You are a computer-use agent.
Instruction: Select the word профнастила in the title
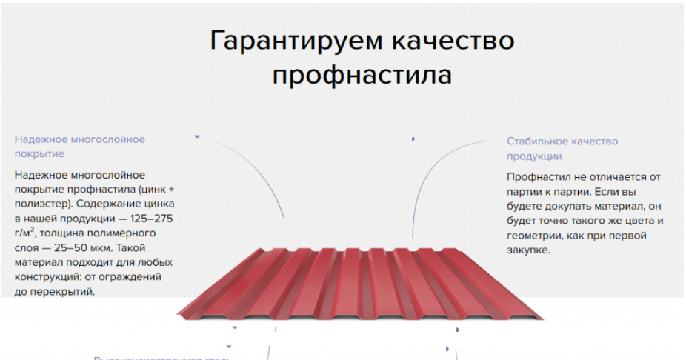[x=362, y=76]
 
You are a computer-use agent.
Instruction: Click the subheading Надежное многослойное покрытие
[x=80, y=146]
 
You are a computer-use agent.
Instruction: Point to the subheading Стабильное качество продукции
[x=562, y=148]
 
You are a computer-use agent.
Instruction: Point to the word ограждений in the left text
[x=135, y=276]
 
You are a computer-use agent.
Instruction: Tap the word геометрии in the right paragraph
[x=533, y=236]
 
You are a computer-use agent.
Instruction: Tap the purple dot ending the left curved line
[x=197, y=136]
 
